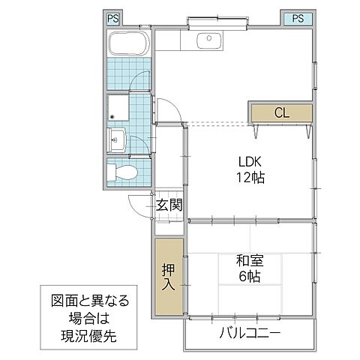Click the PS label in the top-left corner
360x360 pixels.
pos(111,19)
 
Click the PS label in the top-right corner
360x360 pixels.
pos(297,19)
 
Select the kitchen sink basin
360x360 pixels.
pos(205,39)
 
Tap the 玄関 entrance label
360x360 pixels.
pos(170,205)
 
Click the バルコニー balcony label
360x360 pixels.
pos(250,333)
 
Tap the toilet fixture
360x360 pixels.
pos(122,172)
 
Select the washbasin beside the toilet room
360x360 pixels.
pos(117,139)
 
